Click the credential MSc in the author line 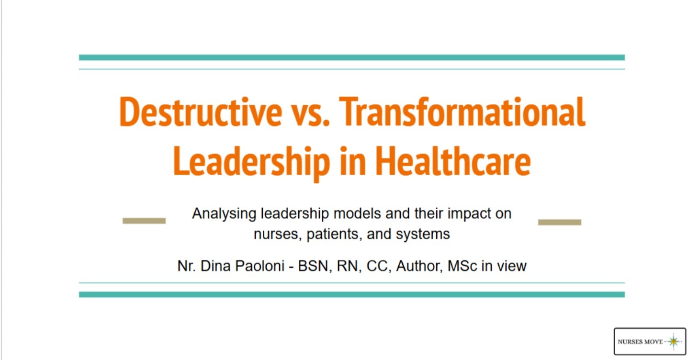tap(462, 265)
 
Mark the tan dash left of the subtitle tap(144, 221)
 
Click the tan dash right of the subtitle tap(560, 222)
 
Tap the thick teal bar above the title tap(352, 57)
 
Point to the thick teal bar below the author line tap(352, 294)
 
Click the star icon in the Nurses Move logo tap(674, 341)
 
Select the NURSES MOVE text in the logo tap(640, 342)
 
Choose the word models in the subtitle tap(358, 214)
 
